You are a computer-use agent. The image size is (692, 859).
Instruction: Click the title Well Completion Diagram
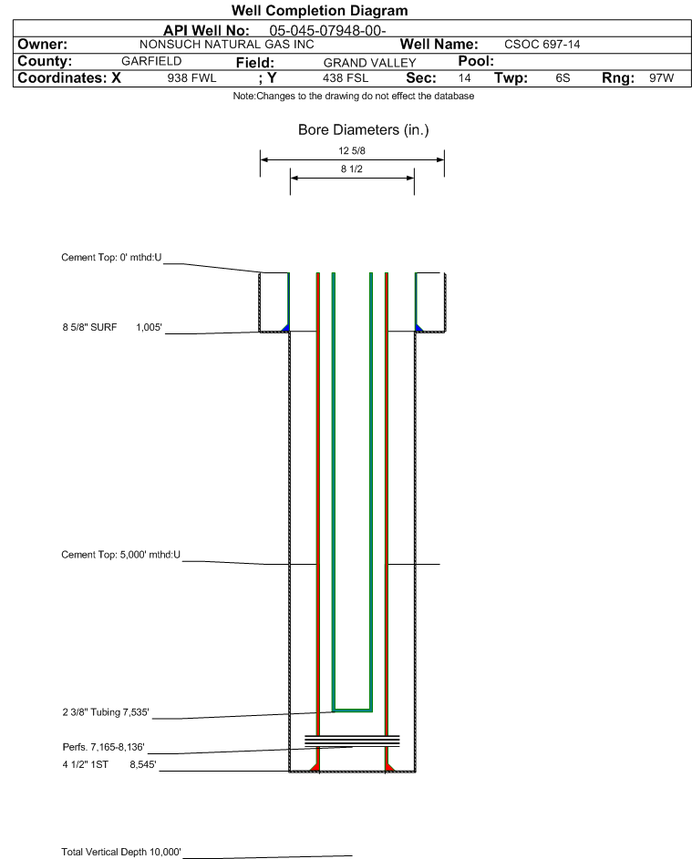tap(319, 10)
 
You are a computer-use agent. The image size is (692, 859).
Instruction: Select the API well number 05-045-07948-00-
tap(327, 30)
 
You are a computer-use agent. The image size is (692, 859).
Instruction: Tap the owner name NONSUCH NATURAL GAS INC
tap(226, 45)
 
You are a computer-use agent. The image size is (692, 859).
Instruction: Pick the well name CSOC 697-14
tap(542, 45)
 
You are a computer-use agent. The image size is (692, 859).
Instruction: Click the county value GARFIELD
tap(151, 61)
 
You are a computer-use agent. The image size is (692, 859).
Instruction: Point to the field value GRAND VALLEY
tap(369, 63)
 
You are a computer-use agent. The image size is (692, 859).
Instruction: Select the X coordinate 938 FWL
tap(191, 77)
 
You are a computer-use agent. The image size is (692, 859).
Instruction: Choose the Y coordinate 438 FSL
tap(346, 77)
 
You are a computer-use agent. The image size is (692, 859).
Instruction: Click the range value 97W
tap(661, 77)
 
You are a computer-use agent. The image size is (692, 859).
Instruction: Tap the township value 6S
tap(563, 77)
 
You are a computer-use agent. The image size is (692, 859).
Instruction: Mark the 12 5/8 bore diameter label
tap(352, 150)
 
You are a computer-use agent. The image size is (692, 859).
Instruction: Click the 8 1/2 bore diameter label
tap(352, 169)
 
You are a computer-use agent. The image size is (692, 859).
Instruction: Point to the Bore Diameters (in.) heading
tap(363, 130)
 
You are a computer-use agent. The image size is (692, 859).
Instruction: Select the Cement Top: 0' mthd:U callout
tap(111, 258)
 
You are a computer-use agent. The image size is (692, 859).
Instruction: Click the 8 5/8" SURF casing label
tap(89, 328)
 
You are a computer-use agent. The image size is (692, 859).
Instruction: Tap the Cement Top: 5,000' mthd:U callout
tap(120, 555)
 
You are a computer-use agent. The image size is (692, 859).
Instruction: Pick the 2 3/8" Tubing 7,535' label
tap(105, 712)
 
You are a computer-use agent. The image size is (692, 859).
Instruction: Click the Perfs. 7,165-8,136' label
tap(104, 747)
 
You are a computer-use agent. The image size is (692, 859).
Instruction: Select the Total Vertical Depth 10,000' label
tap(121, 852)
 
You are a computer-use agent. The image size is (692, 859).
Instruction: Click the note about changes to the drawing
tap(353, 96)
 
